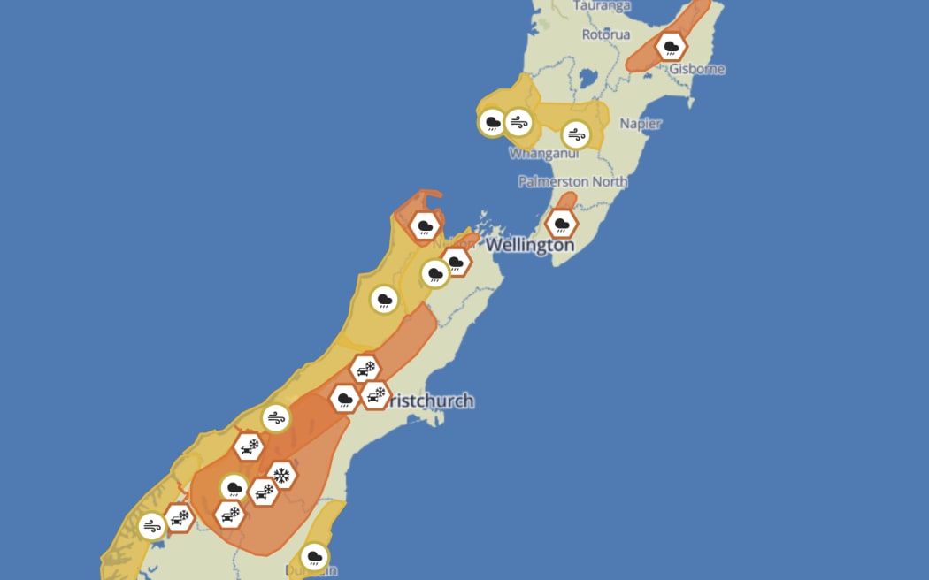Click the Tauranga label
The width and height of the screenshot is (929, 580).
pyautogui.click(x=603, y=5)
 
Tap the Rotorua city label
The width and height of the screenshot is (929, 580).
pyautogui.click(x=606, y=34)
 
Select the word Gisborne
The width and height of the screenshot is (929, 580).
pyautogui.click(x=697, y=69)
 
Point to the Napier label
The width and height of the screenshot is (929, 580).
pyautogui.click(x=641, y=124)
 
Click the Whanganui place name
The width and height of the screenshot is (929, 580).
pyautogui.click(x=543, y=154)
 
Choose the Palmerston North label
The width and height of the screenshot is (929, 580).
pyautogui.click(x=572, y=181)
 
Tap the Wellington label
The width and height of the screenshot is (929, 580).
pyautogui.click(x=530, y=245)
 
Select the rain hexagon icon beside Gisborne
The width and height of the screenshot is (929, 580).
pyautogui.click(x=672, y=46)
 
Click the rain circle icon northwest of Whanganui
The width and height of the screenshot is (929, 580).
pyautogui.click(x=492, y=123)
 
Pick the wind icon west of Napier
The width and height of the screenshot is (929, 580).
pyautogui.click(x=576, y=135)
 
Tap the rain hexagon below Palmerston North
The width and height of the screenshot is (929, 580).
pyautogui.click(x=561, y=224)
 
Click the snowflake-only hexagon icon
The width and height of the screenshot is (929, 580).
pyautogui.click(x=282, y=476)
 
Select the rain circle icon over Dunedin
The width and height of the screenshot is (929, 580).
pyautogui.click(x=313, y=557)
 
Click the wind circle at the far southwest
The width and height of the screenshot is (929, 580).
pyautogui.click(x=151, y=526)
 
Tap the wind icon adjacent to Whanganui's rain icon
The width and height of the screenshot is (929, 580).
pyautogui.click(x=518, y=122)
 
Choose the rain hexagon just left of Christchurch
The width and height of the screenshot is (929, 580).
pyautogui.click(x=345, y=399)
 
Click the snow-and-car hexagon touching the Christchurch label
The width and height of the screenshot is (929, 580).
pyautogui.click(x=376, y=394)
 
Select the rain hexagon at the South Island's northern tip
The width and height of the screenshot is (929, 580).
pyautogui.click(x=426, y=226)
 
